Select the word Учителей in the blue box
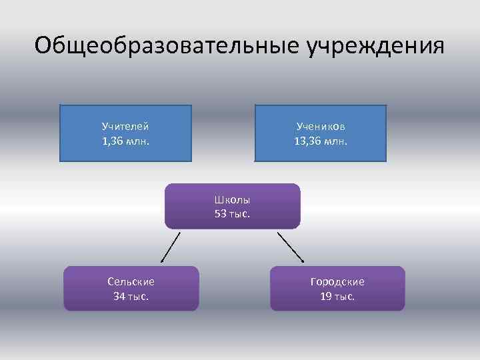pyautogui.click(x=125, y=126)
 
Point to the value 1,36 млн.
pyautogui.click(x=125, y=141)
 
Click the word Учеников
pyautogui.click(x=321, y=126)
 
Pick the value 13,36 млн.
pyautogui.click(x=321, y=141)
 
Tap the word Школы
pyautogui.click(x=233, y=199)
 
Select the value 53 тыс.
pyautogui.click(x=233, y=214)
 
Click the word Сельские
pyautogui.click(x=131, y=282)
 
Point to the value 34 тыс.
pyautogui.click(x=131, y=297)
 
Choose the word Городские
pyautogui.click(x=337, y=282)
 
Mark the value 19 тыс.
pyautogui.click(x=337, y=297)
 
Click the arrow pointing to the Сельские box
pyautogui.click(x=170, y=248)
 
